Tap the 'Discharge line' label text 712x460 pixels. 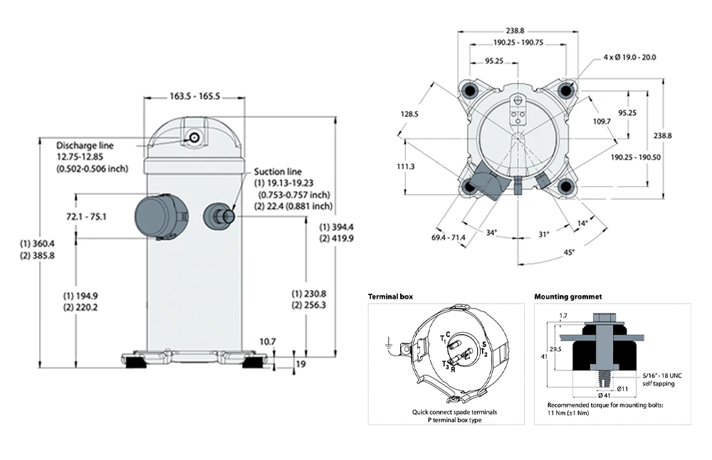[x=85, y=146]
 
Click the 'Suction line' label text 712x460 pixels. [x=278, y=172]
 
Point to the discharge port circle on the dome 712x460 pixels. [x=193, y=137]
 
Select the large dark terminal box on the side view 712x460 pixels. [x=158, y=217]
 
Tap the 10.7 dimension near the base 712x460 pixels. [x=268, y=342]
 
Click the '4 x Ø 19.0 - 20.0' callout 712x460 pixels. [x=629, y=57]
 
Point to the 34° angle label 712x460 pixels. [x=491, y=232]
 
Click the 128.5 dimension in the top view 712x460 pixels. [x=409, y=114]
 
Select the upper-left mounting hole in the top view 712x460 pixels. [x=469, y=90]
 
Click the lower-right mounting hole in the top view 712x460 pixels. [x=567, y=186]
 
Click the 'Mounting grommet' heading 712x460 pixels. [x=568, y=296]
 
